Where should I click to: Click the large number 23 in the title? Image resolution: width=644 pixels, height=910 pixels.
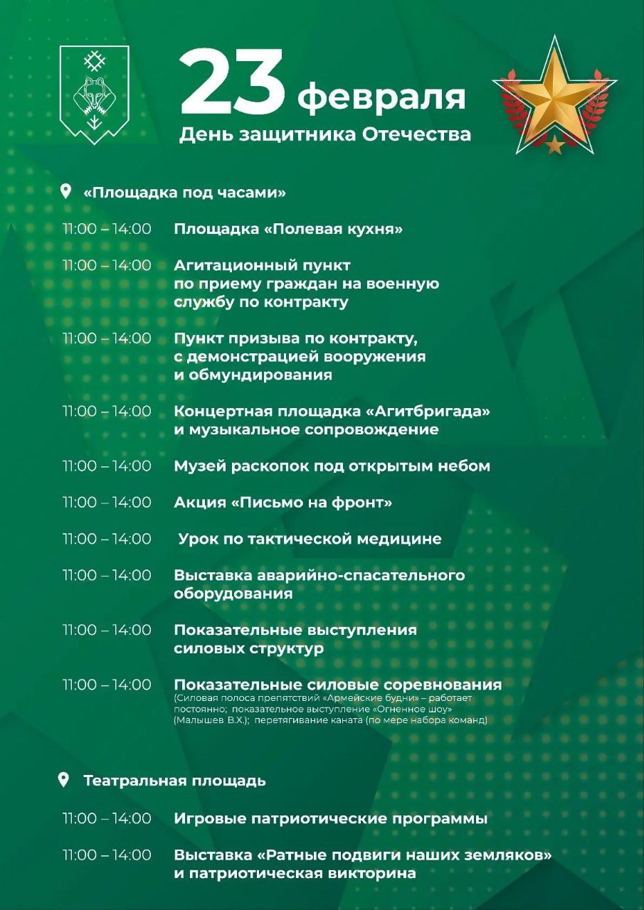[233, 84]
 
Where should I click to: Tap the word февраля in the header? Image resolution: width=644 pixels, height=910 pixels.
[381, 97]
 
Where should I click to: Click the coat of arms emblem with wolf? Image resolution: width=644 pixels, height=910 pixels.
[94, 94]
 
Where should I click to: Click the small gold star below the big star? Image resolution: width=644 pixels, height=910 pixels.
[554, 146]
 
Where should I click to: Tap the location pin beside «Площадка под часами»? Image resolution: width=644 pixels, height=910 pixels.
[66, 191]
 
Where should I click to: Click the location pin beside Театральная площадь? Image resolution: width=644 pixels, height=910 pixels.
[63, 780]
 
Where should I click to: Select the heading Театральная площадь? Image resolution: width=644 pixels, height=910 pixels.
[174, 781]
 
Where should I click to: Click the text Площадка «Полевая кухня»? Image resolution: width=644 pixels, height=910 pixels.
[288, 229]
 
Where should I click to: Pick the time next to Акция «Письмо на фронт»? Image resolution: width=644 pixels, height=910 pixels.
[107, 503]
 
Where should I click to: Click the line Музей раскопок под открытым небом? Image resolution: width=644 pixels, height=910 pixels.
[332, 466]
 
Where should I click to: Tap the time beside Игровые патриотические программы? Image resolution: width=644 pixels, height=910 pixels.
[107, 818]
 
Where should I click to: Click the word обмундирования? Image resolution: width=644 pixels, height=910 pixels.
[253, 375]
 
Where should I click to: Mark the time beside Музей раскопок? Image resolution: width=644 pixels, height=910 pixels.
[107, 466]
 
